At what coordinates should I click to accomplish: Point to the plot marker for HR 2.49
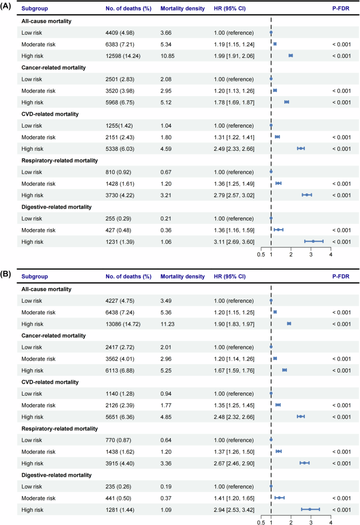pos(301,148)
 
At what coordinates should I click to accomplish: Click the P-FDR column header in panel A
pos(340,9)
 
